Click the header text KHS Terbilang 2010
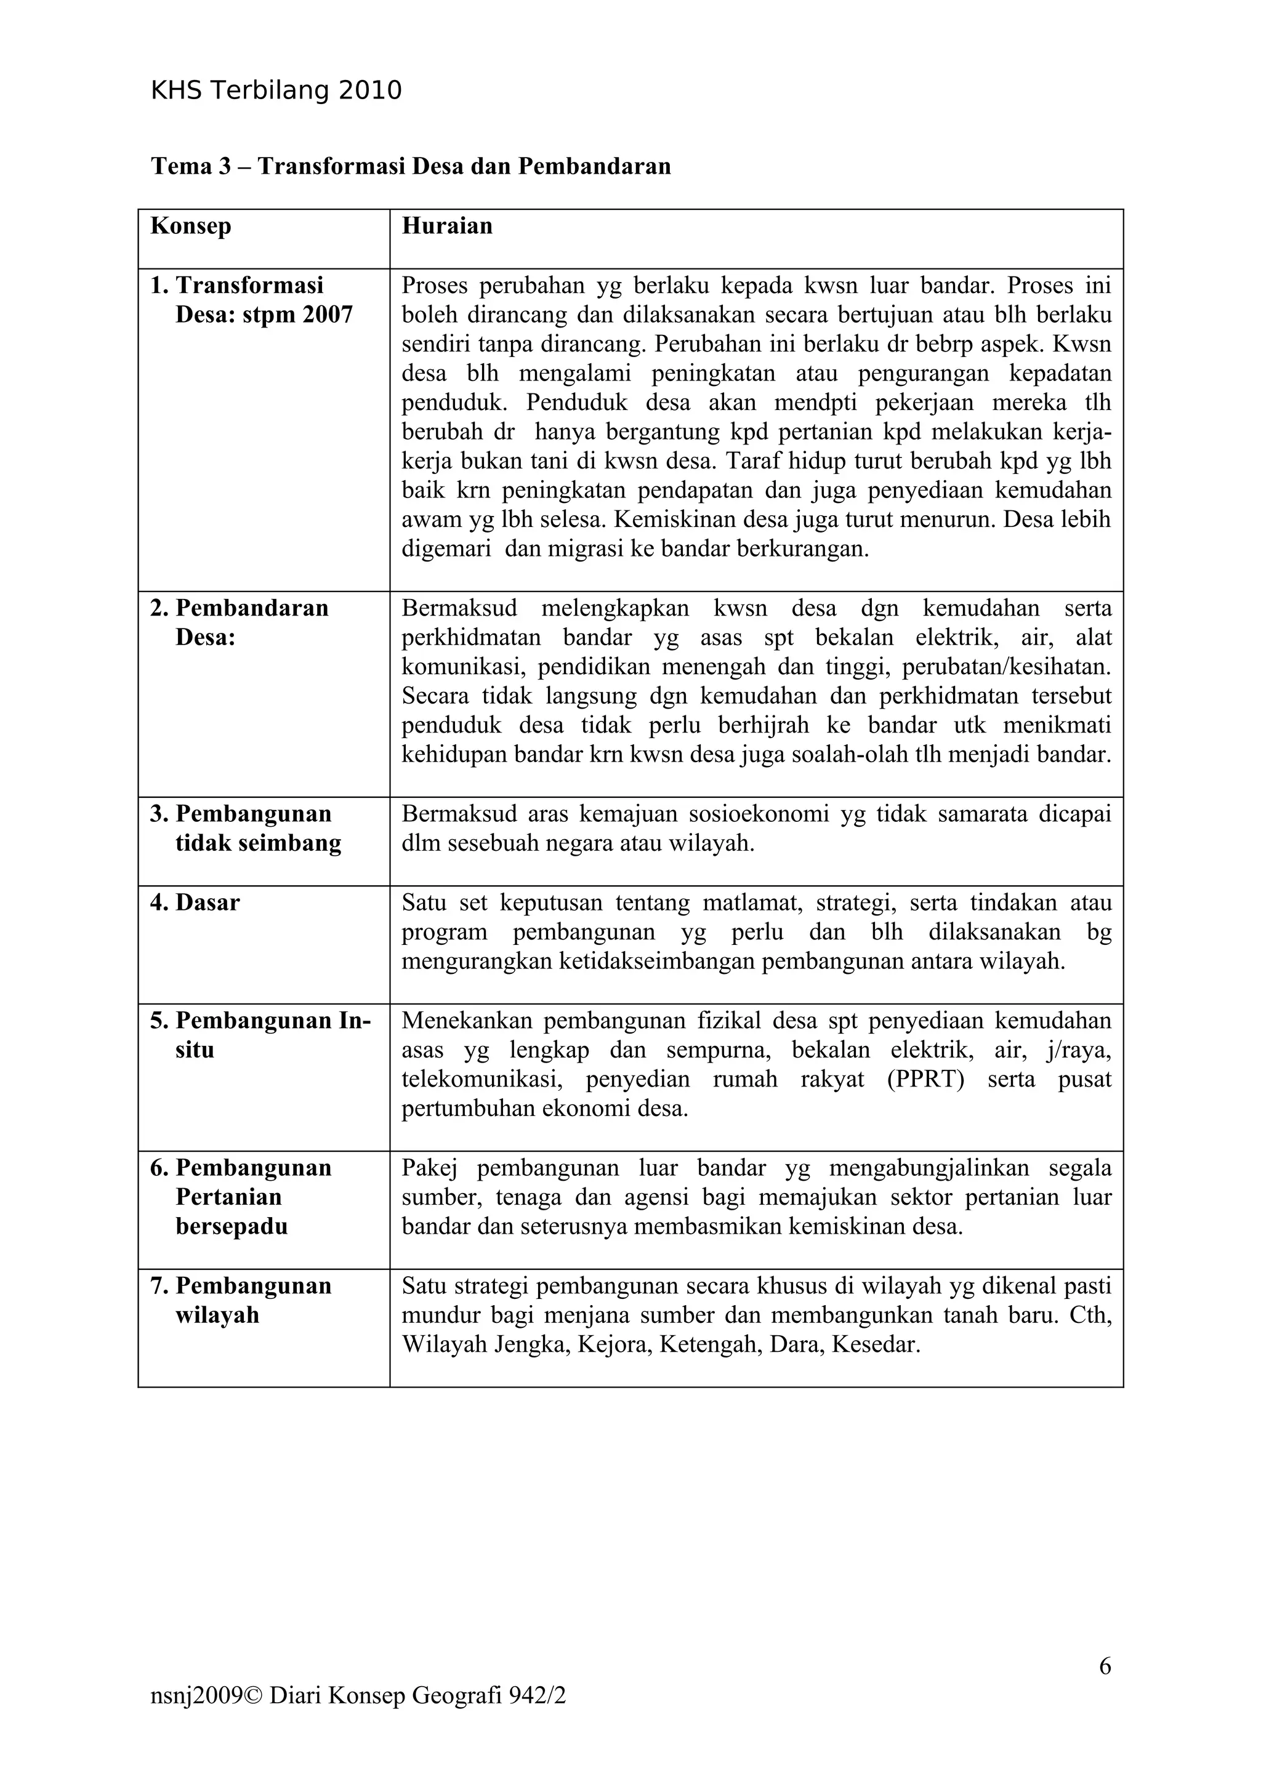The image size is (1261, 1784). [x=276, y=91]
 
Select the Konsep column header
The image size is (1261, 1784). [x=190, y=226]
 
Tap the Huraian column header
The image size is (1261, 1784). [x=447, y=226]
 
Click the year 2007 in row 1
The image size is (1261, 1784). [x=327, y=315]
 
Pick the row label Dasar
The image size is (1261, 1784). [x=207, y=902]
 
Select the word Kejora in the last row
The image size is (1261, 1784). [x=613, y=1345]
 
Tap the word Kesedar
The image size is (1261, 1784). [x=876, y=1345]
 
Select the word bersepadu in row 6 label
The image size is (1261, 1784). [x=232, y=1226]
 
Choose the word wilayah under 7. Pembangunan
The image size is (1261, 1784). [x=217, y=1315]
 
